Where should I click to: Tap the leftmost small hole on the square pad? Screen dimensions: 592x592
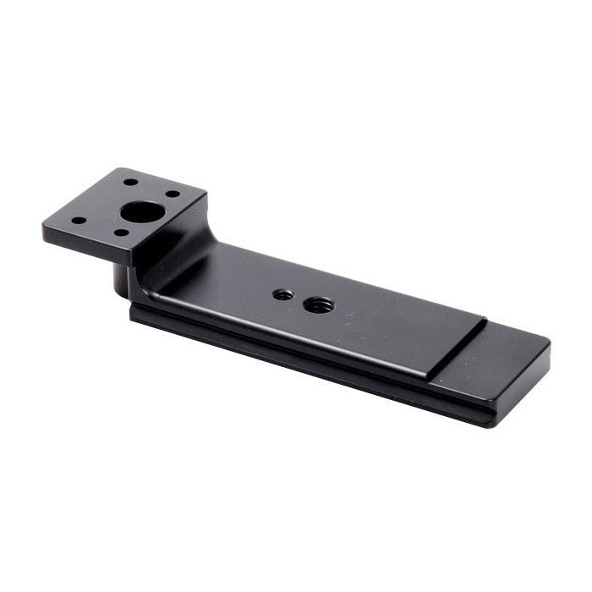78,221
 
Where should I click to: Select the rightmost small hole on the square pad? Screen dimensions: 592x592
173,194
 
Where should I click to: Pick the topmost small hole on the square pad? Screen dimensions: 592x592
129,182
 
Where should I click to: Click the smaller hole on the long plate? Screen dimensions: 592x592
283,295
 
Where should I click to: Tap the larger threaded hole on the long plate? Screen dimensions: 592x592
319,304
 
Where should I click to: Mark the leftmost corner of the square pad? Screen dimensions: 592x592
44,227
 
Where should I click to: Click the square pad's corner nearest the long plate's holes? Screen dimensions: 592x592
206,200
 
